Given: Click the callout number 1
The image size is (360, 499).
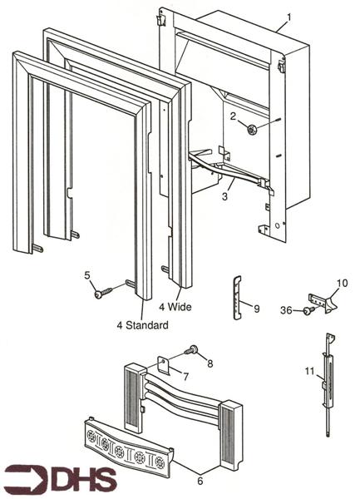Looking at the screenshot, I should (288, 17).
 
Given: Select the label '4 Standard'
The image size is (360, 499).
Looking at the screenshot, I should (142, 324).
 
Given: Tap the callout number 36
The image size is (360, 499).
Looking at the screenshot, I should (285, 310).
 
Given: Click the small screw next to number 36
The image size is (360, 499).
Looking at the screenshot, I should (306, 311).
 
